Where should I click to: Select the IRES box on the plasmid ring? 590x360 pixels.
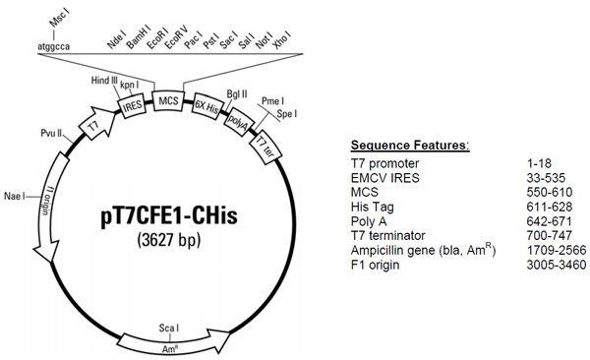(x=133, y=103)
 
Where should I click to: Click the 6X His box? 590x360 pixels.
(x=206, y=109)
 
